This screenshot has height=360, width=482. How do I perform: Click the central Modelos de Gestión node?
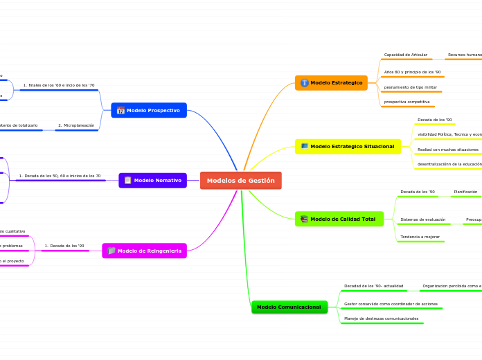[240, 181]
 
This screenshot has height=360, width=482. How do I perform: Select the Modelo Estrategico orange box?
[331, 83]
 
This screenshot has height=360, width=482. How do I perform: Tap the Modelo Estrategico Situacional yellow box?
[348, 146]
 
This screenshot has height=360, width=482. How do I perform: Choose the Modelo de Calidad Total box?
[339, 219]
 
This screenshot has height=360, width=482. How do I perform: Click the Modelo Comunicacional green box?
[289, 307]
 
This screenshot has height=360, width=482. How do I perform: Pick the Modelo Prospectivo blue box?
[148, 110]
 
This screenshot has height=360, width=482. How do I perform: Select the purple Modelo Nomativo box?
[152, 180]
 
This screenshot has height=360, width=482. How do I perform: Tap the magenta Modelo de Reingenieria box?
[144, 251]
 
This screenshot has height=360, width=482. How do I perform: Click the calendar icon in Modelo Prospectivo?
[120, 110]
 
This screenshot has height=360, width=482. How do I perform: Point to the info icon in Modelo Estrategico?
[304, 83]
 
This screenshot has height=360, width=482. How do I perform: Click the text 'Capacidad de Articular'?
[406, 55]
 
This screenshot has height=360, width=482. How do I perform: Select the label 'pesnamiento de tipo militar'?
[411, 87]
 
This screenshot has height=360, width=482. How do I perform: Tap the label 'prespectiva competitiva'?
[407, 102]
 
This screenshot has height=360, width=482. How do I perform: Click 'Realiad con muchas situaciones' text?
[448, 150]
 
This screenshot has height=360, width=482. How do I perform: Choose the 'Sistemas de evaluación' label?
[423, 219]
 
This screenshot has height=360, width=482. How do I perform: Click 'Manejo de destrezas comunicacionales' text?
[382, 318]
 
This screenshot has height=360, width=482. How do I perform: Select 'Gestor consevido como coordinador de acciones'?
[391, 304]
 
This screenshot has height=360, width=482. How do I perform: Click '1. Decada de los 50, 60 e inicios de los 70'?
[60, 176]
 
